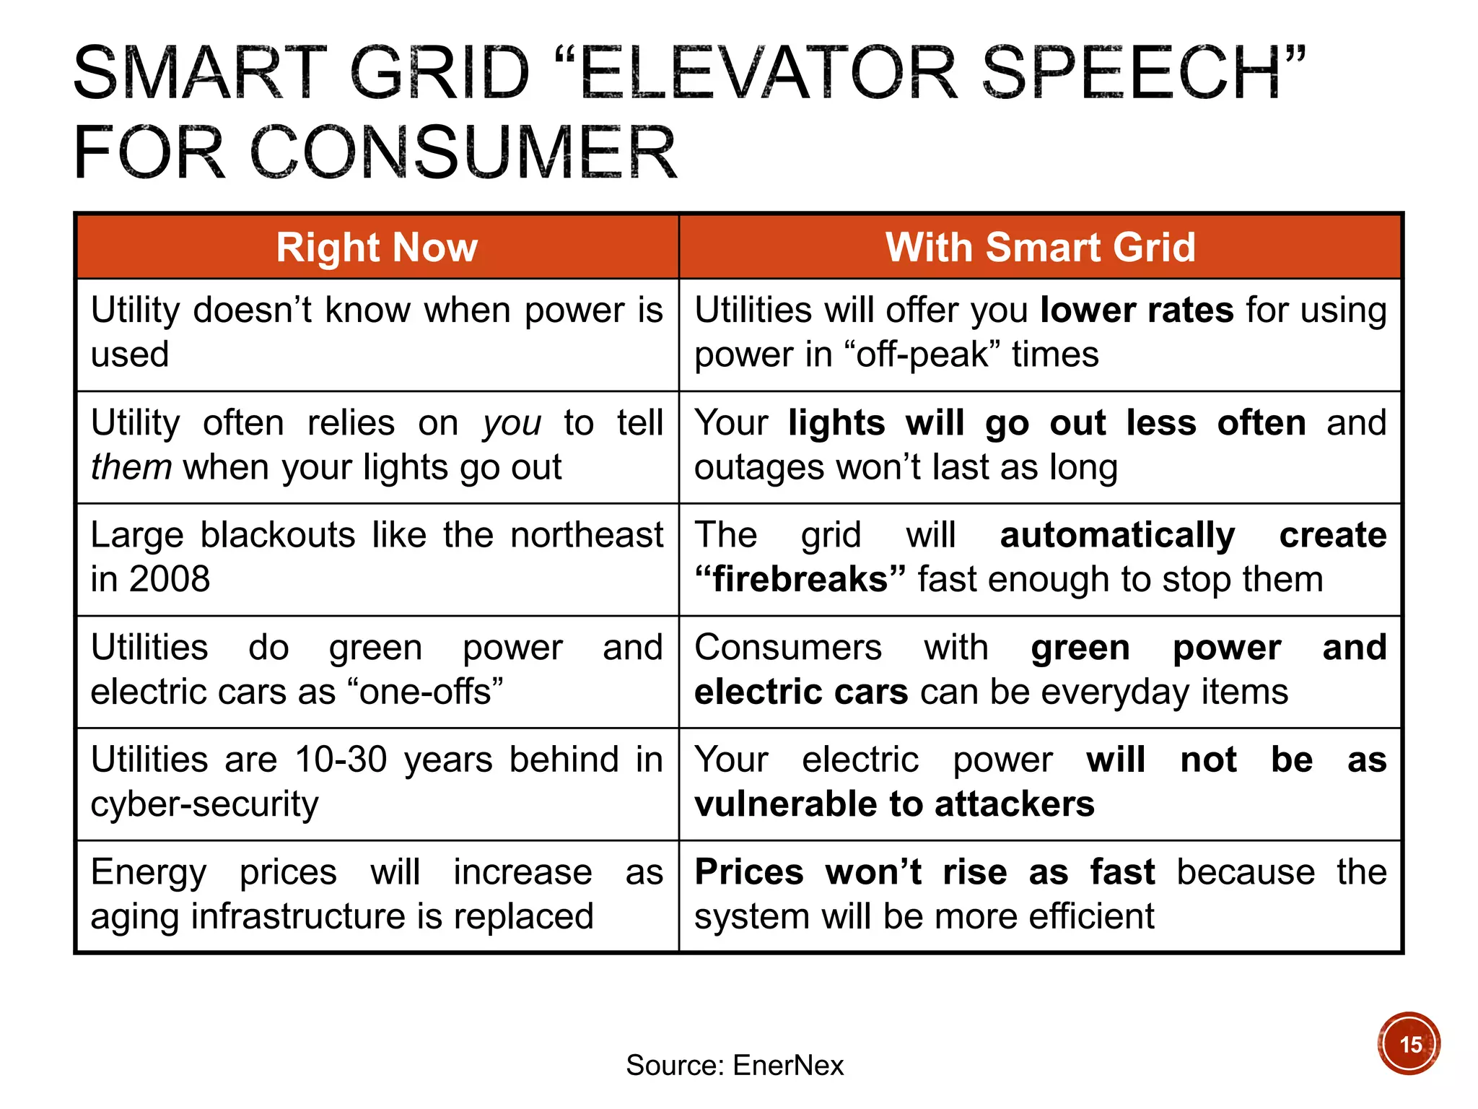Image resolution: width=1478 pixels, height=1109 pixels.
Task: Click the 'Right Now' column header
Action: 377,248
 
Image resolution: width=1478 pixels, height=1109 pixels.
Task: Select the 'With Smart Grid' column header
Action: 1040,248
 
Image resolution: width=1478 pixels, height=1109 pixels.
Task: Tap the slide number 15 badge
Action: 1409,1044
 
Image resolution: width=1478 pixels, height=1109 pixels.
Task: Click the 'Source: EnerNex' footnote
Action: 734,1065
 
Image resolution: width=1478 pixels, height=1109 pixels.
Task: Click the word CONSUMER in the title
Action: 463,153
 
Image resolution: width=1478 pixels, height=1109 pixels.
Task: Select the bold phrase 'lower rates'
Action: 1137,310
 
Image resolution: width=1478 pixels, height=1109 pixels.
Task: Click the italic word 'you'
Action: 512,423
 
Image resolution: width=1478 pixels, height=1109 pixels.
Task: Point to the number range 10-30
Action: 341,760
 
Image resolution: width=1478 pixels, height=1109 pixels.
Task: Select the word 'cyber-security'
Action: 204,804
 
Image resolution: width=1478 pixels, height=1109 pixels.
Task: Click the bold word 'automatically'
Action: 1117,536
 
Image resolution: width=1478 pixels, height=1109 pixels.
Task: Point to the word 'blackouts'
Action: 278,536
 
